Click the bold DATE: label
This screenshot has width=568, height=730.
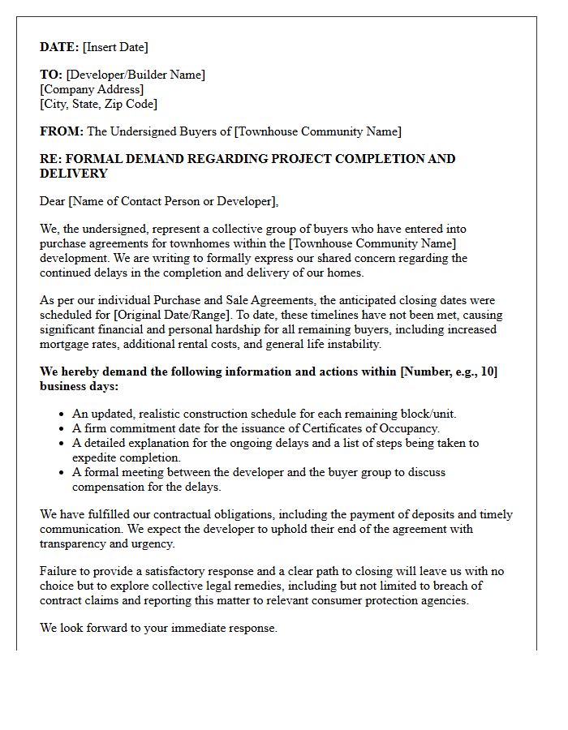click(x=59, y=47)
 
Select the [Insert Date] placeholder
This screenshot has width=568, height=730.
click(x=115, y=47)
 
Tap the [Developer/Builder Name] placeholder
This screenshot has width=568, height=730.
click(x=136, y=75)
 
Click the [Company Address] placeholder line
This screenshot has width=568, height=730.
click(x=92, y=89)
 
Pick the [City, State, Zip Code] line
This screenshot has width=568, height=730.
click(x=98, y=104)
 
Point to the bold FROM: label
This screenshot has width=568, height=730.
click(x=62, y=131)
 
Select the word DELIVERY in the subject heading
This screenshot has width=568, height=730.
click(x=73, y=174)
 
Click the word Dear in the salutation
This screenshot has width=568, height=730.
click(x=53, y=201)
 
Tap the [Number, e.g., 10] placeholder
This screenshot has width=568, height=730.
click(x=449, y=371)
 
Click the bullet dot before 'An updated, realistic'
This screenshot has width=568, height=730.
click(x=62, y=414)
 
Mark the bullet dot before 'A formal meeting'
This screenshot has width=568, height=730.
click(x=62, y=473)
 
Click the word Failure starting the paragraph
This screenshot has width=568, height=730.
click(x=60, y=571)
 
